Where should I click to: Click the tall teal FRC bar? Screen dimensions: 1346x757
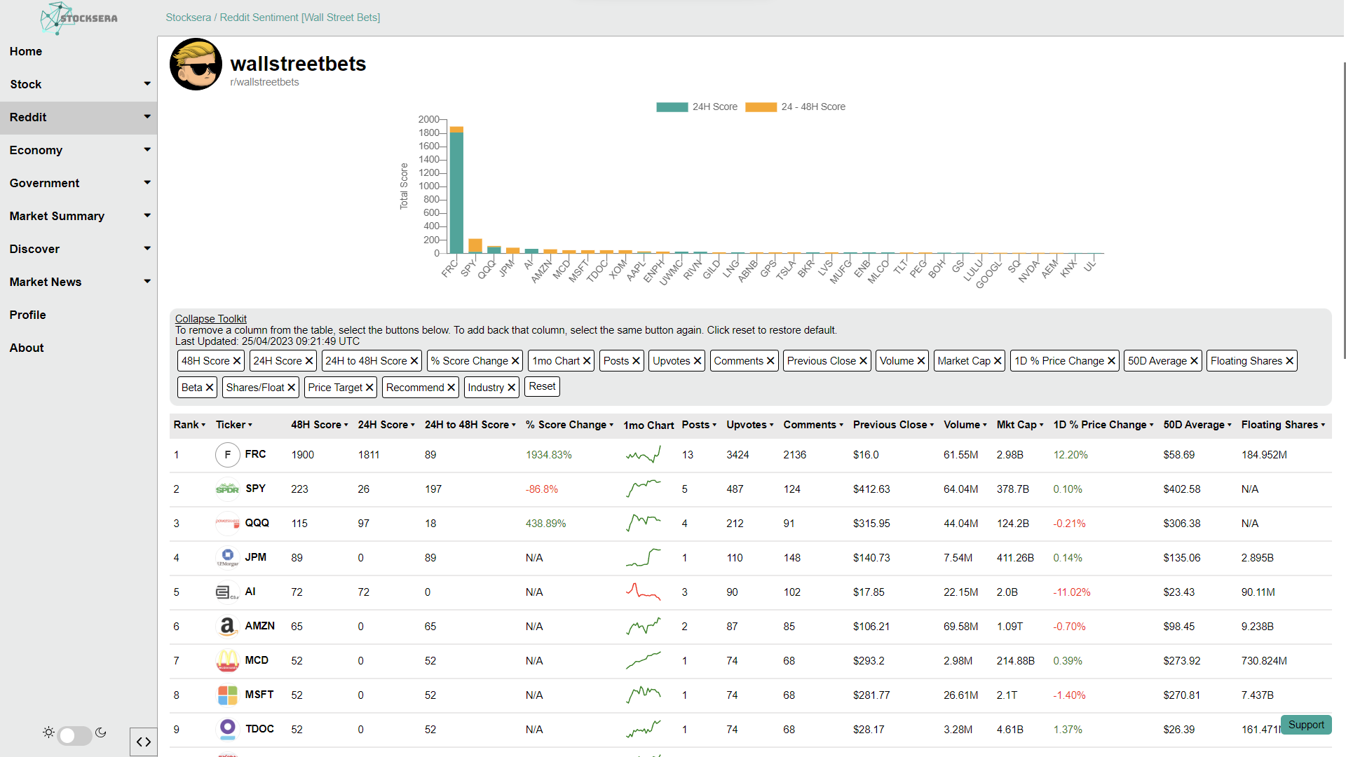click(456, 193)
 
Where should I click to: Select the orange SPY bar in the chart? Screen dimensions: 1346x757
click(475, 246)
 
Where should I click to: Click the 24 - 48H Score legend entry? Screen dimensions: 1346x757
click(795, 107)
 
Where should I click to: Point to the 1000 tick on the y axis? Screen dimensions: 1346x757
click(429, 186)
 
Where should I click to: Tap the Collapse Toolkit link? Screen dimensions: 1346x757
click(211, 319)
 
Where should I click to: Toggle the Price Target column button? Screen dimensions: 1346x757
click(341, 388)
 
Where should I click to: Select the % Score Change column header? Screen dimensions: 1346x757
click(569, 425)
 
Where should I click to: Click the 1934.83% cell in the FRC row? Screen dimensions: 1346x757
click(549, 455)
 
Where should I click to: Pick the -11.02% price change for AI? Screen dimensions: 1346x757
click(1072, 592)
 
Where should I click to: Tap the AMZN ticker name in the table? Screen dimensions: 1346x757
click(259, 626)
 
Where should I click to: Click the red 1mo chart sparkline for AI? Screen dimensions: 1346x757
click(643, 592)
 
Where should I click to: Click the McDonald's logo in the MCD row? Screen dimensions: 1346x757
click(227, 660)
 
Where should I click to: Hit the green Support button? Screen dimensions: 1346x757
click(1306, 725)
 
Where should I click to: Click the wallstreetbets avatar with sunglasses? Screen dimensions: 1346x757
click(196, 64)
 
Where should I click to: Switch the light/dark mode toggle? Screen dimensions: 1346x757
click(75, 735)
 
